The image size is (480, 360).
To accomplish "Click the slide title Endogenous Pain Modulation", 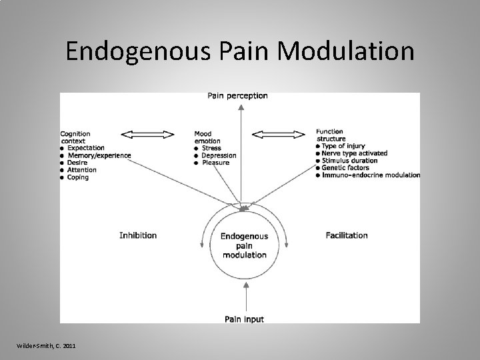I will click(240, 51).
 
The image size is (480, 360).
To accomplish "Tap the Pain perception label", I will click(238, 96).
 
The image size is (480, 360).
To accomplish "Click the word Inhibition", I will click(138, 235).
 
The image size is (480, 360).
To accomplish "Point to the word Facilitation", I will click(347, 235).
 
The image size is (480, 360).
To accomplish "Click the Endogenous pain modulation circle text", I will click(244, 245).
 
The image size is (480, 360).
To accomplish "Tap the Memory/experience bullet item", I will click(99, 155).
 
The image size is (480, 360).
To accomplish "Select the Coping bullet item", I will click(79, 177).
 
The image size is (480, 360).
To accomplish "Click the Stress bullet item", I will click(211, 148).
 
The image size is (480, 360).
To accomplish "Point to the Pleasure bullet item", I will click(215, 163).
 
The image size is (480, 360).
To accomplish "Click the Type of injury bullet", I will click(344, 146).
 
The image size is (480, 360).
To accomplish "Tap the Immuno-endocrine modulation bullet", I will click(371, 175).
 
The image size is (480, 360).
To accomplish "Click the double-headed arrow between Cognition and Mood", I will click(149, 135).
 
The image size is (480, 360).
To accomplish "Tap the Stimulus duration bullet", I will click(349, 161).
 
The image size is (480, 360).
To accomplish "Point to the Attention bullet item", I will click(82, 170).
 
